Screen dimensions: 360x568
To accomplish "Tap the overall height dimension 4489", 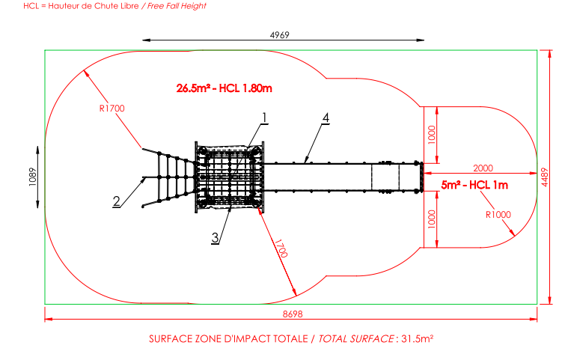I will [556, 177].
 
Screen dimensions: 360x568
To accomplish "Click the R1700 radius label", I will [112, 109].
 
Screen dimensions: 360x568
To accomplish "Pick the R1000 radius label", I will [498, 214].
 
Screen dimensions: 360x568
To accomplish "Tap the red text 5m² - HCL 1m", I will [474, 184].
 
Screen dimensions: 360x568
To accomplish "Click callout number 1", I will [264, 117].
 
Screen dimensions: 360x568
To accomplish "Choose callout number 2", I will [117, 200].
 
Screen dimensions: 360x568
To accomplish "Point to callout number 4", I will [326, 118].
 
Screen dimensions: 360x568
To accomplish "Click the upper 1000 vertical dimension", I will [430, 134].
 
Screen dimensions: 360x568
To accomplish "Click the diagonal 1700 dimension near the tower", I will [280, 249].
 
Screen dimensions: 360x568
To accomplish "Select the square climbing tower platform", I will [230, 177].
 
